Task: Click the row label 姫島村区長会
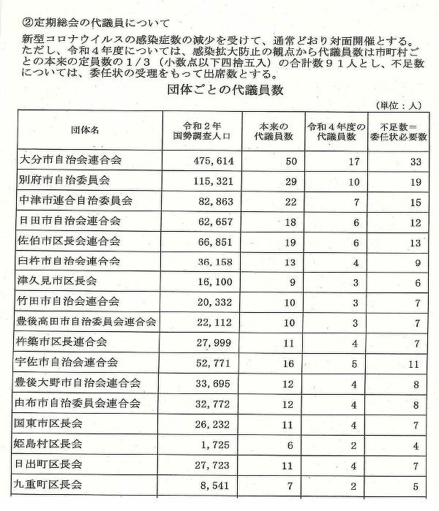pos(53,443)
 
